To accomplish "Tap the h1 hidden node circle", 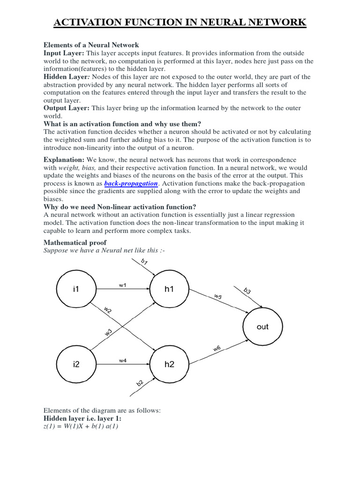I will tap(169, 289).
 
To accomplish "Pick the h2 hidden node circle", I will tap(169, 364).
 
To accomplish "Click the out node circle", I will tap(262, 327).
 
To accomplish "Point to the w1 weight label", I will tap(122, 285).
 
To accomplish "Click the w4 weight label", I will tap(122, 360).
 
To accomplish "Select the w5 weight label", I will tap(218, 297).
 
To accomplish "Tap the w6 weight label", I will tap(217, 348).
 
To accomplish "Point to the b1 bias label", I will tap(144, 262).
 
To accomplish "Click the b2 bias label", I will tap(140, 383).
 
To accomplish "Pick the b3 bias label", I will tap(247, 291).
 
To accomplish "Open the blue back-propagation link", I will tap(131, 183).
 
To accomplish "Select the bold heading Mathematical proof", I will tap(75, 242).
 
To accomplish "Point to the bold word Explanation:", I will tap(64, 160).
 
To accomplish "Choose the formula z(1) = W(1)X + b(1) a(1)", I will tap(81, 427).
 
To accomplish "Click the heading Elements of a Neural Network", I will tap(91, 45).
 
